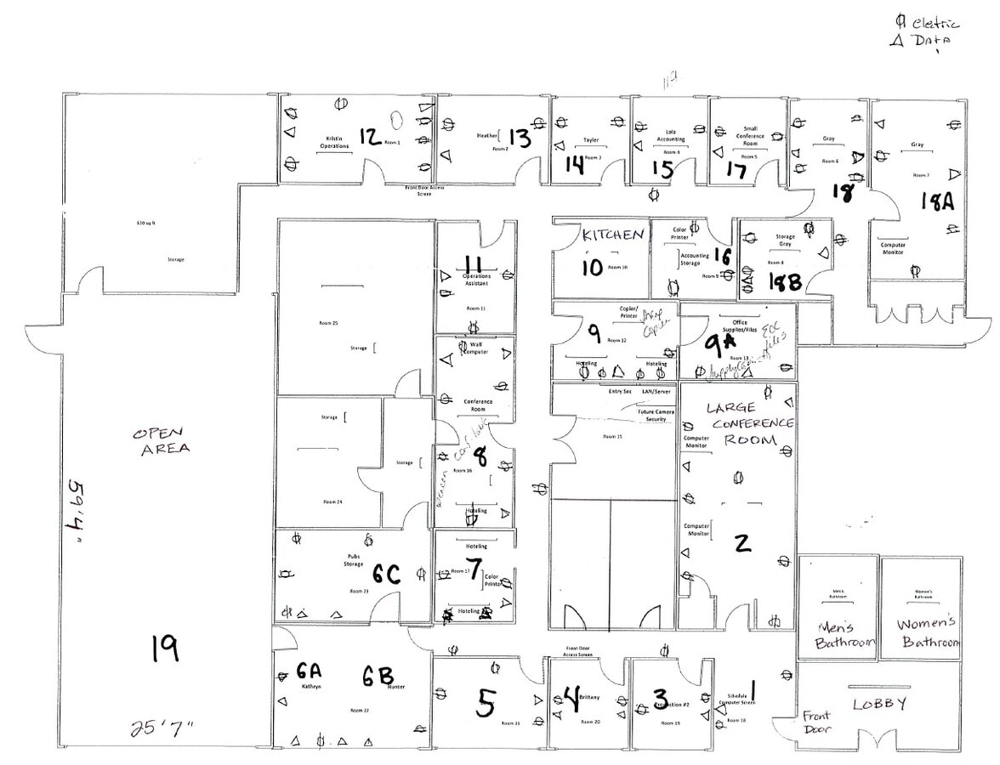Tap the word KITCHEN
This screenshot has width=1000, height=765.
(612, 235)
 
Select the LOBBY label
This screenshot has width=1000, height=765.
(879, 704)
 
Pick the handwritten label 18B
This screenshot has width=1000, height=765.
(784, 281)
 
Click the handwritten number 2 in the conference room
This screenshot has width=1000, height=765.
(742, 541)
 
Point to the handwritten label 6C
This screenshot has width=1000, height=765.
(382, 575)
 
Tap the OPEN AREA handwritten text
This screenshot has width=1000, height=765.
(161, 440)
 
